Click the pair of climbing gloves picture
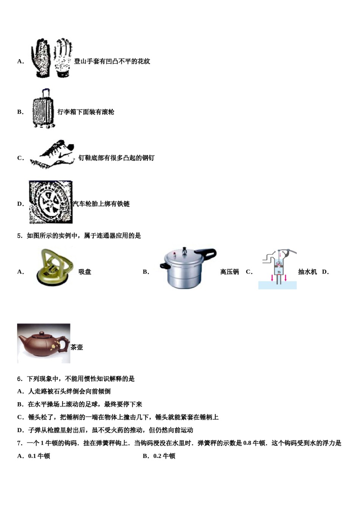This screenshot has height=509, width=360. (52, 58)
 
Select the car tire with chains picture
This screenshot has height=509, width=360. (50, 202)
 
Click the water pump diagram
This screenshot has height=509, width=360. (279, 269)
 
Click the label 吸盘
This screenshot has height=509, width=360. (85, 272)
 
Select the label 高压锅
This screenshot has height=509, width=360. (229, 272)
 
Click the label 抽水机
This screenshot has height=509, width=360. (307, 272)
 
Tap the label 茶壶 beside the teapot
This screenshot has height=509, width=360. (77, 347)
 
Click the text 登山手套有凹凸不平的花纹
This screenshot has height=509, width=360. (112, 61)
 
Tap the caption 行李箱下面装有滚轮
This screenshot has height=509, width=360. (86, 112)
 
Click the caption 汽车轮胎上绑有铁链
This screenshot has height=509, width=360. (101, 204)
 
